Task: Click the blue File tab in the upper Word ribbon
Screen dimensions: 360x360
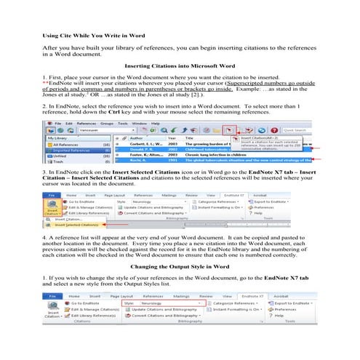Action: tap(52, 195)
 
